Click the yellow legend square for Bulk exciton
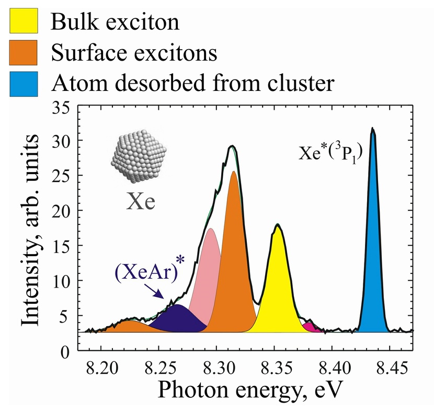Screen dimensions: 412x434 point(23,22)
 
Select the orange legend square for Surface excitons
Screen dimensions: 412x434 point(23,53)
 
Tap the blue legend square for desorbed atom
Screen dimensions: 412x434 point(23,84)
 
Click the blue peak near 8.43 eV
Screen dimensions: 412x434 point(373,261)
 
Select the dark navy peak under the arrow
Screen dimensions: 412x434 point(178,319)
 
